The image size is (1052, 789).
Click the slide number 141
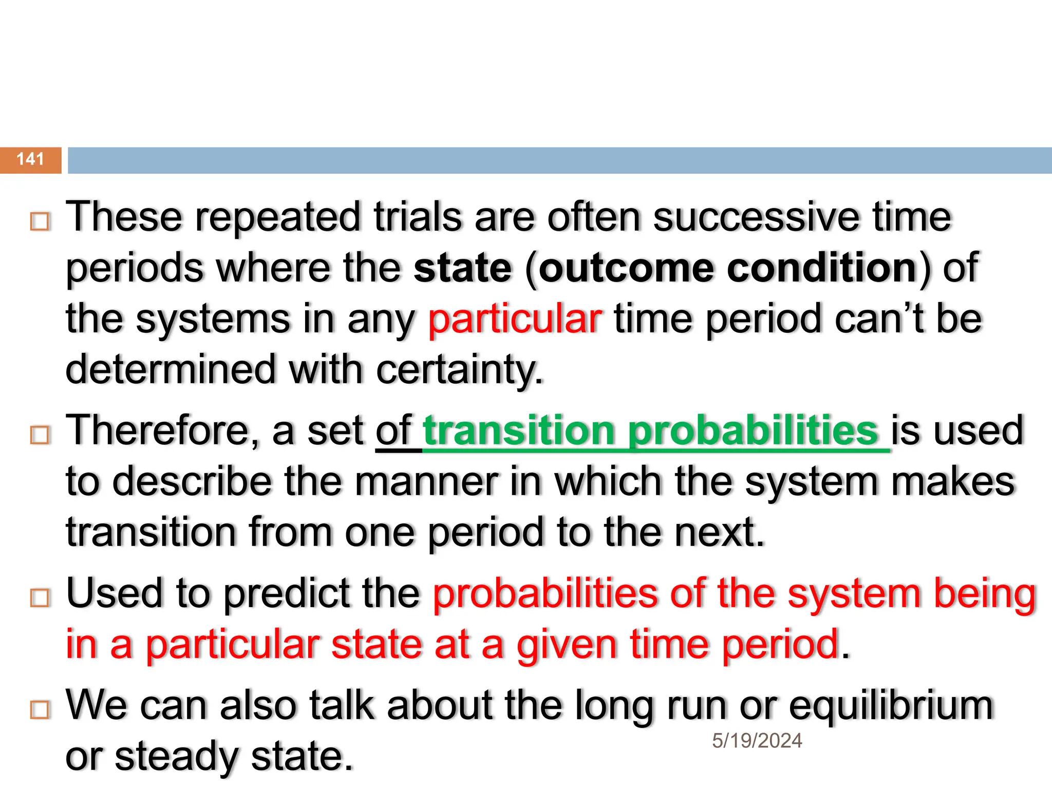point(30,159)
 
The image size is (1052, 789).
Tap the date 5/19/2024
point(757,741)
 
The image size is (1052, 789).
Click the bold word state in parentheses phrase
point(463,268)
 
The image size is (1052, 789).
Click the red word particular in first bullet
point(515,320)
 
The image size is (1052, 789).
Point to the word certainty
point(459,370)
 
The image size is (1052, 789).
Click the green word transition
point(519,430)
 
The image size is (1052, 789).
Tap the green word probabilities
point(754,430)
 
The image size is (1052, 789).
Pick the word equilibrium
point(891,706)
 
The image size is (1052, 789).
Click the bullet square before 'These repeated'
point(40,221)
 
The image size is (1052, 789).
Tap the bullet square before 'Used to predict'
point(40,598)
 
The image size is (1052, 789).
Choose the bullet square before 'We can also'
point(40,709)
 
